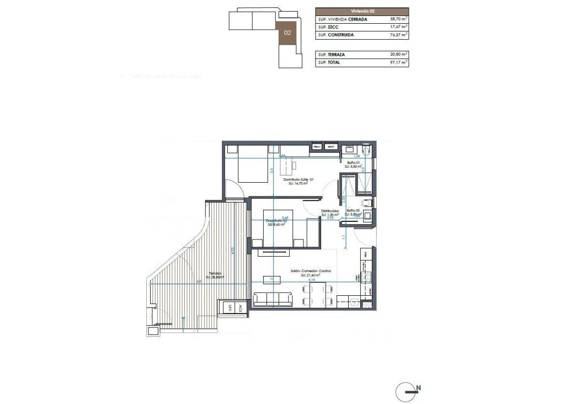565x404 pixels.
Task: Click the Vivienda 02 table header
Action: (362, 11)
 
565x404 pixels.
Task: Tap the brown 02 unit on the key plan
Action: (287, 33)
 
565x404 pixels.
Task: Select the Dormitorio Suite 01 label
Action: (298, 180)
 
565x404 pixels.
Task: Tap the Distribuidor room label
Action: (330, 211)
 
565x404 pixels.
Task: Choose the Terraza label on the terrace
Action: (215, 273)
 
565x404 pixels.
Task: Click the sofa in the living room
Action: (273, 299)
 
